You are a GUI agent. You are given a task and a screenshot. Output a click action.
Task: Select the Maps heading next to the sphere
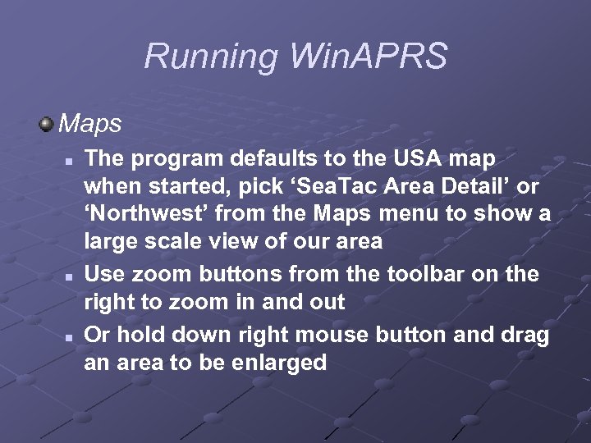(x=90, y=124)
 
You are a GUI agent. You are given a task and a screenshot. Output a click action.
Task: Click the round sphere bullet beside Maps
(x=47, y=124)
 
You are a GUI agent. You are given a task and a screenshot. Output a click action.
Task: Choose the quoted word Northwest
(x=153, y=214)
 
